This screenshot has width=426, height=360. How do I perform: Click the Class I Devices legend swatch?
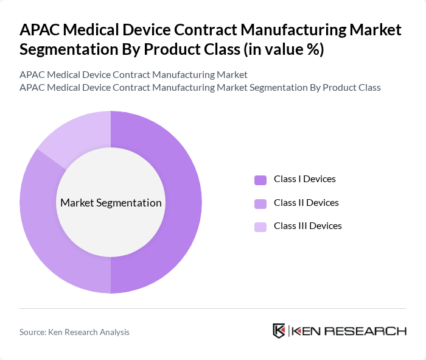click(x=260, y=180)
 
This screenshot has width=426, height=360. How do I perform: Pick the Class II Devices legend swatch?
click(x=260, y=203)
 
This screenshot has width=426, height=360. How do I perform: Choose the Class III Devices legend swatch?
click(x=260, y=226)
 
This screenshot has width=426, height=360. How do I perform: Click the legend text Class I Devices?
click(x=304, y=179)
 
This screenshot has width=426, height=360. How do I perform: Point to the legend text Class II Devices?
click(x=306, y=202)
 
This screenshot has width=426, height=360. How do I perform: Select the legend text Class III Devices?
click(x=307, y=225)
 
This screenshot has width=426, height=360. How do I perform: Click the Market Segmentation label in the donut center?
click(x=111, y=203)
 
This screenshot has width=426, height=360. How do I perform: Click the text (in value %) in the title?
click(x=283, y=50)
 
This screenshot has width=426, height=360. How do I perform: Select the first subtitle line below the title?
click(x=133, y=74)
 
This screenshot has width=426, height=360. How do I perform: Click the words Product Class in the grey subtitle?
click(x=352, y=87)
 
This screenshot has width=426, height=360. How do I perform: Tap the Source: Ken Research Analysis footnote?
click(x=74, y=332)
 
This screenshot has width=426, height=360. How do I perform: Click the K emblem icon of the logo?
click(x=279, y=331)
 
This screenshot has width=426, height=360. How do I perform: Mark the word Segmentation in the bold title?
click(x=80, y=50)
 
